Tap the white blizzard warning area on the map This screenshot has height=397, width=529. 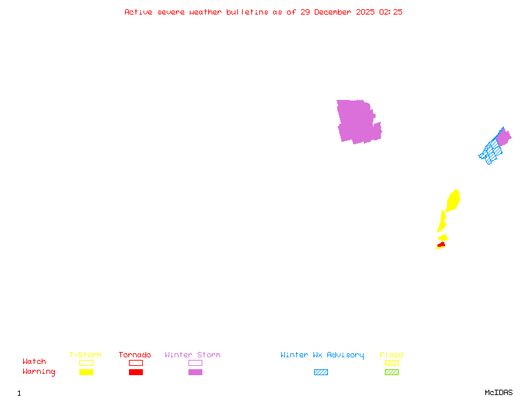379,115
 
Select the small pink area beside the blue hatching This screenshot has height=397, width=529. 503,138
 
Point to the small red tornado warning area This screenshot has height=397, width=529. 441,245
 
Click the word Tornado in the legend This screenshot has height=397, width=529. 135,355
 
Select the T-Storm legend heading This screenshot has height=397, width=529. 85,355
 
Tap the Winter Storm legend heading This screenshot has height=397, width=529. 192,355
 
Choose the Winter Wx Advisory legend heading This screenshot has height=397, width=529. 322,355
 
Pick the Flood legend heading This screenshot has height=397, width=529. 391,355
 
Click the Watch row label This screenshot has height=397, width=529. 34,362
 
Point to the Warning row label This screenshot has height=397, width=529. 39,372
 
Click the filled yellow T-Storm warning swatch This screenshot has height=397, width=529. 86,373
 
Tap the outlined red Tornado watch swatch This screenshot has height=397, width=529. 136,363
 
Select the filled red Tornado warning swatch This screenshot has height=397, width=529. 136,373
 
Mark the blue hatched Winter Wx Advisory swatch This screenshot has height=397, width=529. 321,373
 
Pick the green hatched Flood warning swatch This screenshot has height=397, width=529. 391,373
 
